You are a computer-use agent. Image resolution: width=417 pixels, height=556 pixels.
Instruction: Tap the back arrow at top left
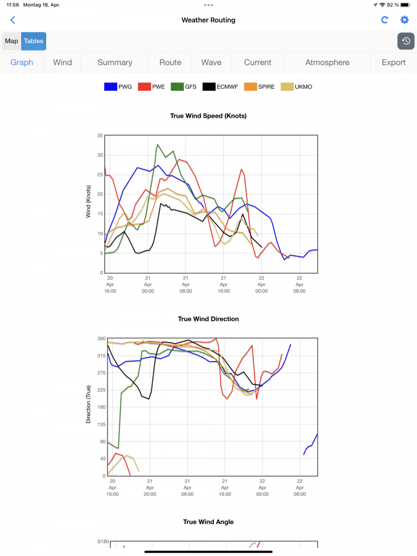pyautogui.click(x=13, y=20)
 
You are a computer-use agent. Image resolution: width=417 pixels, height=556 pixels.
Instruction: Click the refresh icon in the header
pyautogui.click(x=385, y=20)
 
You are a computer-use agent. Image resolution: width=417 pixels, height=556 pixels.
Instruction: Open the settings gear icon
pyautogui.click(x=405, y=20)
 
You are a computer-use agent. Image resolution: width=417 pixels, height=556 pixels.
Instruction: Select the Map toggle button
pyautogui.click(x=11, y=41)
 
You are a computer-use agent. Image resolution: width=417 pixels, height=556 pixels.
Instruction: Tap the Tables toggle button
pyautogui.click(x=34, y=41)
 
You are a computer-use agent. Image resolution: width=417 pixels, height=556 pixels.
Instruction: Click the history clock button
pyautogui.click(x=406, y=41)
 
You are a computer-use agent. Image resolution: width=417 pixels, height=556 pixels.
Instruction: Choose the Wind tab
pyautogui.click(x=62, y=62)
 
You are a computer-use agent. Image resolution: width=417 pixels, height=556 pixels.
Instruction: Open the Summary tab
pyautogui.click(x=115, y=62)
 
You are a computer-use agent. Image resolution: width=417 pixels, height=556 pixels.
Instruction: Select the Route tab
pyautogui.click(x=170, y=62)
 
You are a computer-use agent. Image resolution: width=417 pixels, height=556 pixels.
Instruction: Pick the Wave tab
pyautogui.click(x=211, y=62)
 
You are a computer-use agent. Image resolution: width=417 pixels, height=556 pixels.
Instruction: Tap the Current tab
pyautogui.click(x=257, y=62)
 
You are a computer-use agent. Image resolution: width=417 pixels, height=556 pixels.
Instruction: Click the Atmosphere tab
pyautogui.click(x=327, y=62)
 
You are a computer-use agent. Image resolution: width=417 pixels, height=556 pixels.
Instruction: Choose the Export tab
pyautogui.click(x=394, y=62)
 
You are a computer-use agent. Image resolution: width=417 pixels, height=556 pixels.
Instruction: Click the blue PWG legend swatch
pyautogui.click(x=111, y=87)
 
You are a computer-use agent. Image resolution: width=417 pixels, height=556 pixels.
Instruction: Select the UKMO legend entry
pyautogui.click(x=296, y=87)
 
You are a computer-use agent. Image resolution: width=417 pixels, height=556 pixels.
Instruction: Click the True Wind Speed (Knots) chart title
pyautogui.click(x=208, y=116)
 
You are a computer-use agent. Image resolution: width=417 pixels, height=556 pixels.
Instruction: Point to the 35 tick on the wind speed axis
pyautogui.click(x=100, y=135)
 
